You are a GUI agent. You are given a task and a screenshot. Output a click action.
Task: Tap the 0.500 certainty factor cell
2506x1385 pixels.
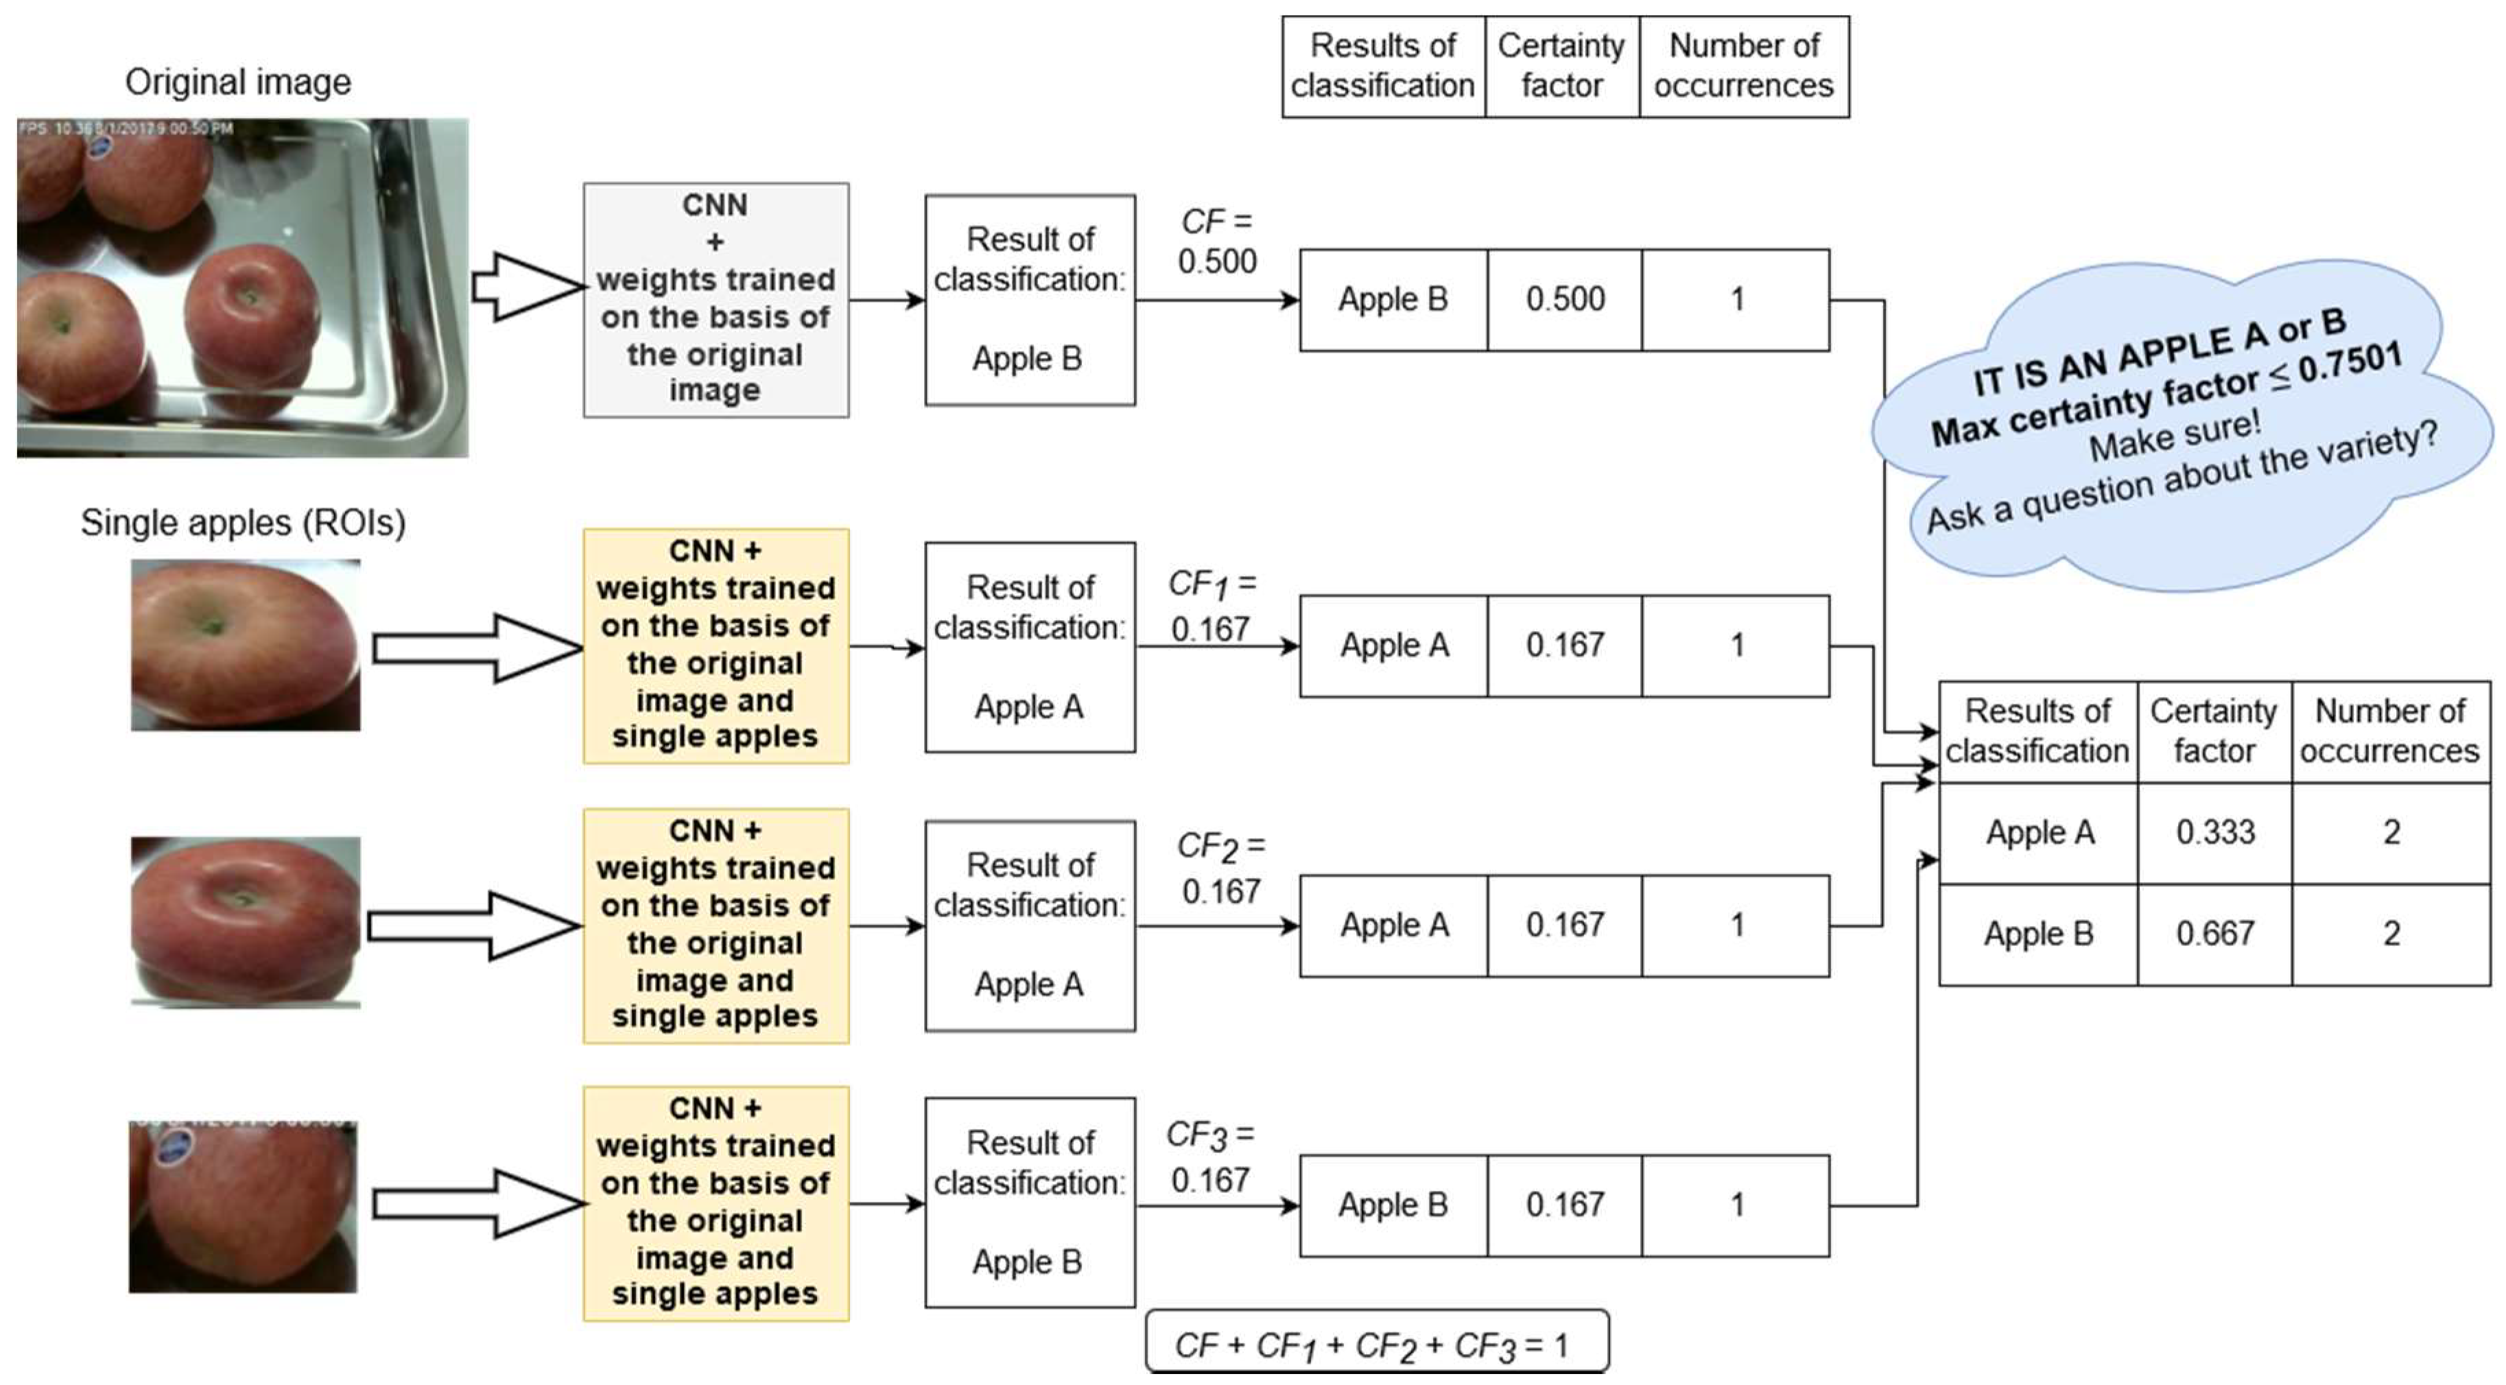[1564, 300]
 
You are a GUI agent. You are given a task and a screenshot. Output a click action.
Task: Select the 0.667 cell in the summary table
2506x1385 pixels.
[2214, 934]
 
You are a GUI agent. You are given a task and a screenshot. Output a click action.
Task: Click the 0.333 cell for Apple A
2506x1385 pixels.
[2214, 833]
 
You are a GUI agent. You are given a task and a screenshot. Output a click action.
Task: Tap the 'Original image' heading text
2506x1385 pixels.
[237, 82]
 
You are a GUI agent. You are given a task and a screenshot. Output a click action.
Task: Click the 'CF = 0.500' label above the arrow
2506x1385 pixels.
[1216, 241]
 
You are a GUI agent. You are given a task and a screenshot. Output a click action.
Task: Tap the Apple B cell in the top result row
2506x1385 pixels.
[1393, 300]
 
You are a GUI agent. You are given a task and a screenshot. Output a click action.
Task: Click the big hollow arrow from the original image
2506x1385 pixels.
[525, 287]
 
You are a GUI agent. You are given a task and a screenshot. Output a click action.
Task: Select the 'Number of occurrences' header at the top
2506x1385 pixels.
[1743, 66]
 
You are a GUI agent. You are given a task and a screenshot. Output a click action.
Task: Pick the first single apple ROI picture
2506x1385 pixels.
[245, 645]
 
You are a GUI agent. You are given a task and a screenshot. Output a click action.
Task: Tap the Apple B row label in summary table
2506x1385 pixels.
[2038, 934]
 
